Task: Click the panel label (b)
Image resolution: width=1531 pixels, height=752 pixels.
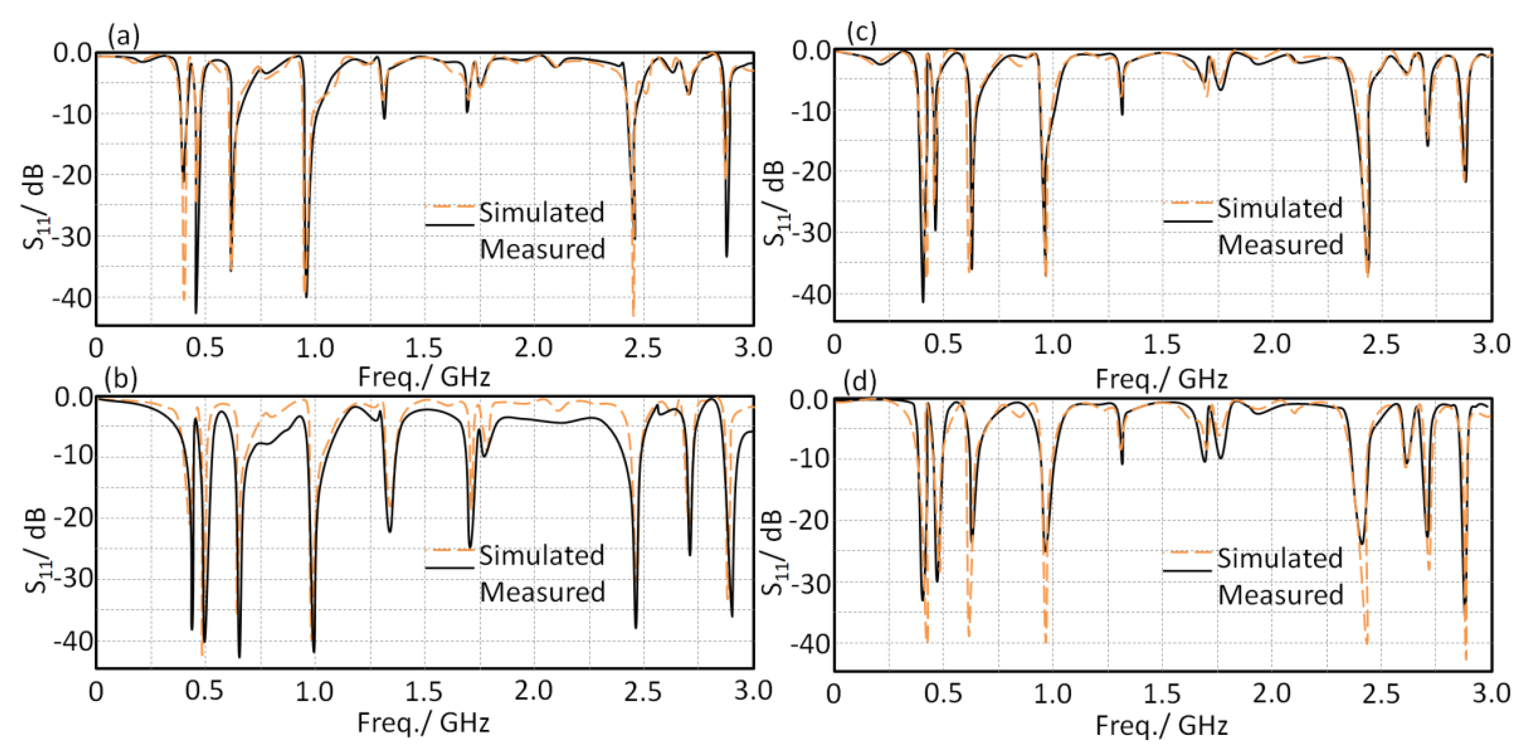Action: click(120, 379)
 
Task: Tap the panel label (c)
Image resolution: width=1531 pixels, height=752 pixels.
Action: click(861, 33)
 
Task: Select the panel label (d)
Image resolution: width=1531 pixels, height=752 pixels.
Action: click(859, 382)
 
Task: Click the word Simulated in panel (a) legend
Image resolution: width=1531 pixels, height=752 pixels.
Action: click(542, 213)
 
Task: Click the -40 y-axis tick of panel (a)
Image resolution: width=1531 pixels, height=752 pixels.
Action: click(73, 298)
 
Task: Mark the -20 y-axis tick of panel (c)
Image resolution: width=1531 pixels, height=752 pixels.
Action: click(812, 172)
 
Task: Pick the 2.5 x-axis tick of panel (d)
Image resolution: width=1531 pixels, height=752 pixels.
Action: click(1380, 694)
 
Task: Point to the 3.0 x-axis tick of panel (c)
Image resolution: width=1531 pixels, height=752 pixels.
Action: click(1490, 345)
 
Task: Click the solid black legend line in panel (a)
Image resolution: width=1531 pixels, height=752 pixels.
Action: click(449, 225)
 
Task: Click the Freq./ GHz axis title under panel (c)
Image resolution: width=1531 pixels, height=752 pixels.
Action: click(1161, 379)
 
